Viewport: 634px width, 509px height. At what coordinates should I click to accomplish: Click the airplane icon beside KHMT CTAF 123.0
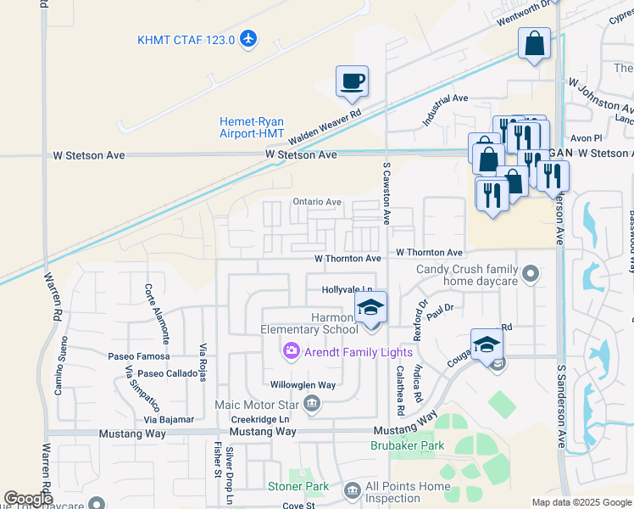(248, 39)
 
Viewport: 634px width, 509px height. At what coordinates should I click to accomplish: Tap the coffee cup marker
(352, 81)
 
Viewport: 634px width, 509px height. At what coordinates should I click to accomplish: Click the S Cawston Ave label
(387, 205)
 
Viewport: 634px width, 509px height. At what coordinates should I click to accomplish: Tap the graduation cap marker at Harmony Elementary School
(370, 308)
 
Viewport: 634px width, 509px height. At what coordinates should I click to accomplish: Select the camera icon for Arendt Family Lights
(291, 351)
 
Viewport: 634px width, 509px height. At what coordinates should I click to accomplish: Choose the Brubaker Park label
(407, 445)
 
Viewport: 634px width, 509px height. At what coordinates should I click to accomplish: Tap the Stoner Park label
(298, 486)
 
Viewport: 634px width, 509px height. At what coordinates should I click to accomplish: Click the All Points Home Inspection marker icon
(352, 489)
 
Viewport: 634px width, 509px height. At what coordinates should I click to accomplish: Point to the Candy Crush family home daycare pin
(531, 273)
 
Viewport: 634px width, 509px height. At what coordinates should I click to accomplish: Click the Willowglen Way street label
(304, 385)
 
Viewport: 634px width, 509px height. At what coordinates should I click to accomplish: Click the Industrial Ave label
(445, 110)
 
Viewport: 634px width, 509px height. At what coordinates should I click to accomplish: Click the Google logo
(29, 500)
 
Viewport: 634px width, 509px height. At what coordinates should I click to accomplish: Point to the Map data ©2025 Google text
(581, 502)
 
